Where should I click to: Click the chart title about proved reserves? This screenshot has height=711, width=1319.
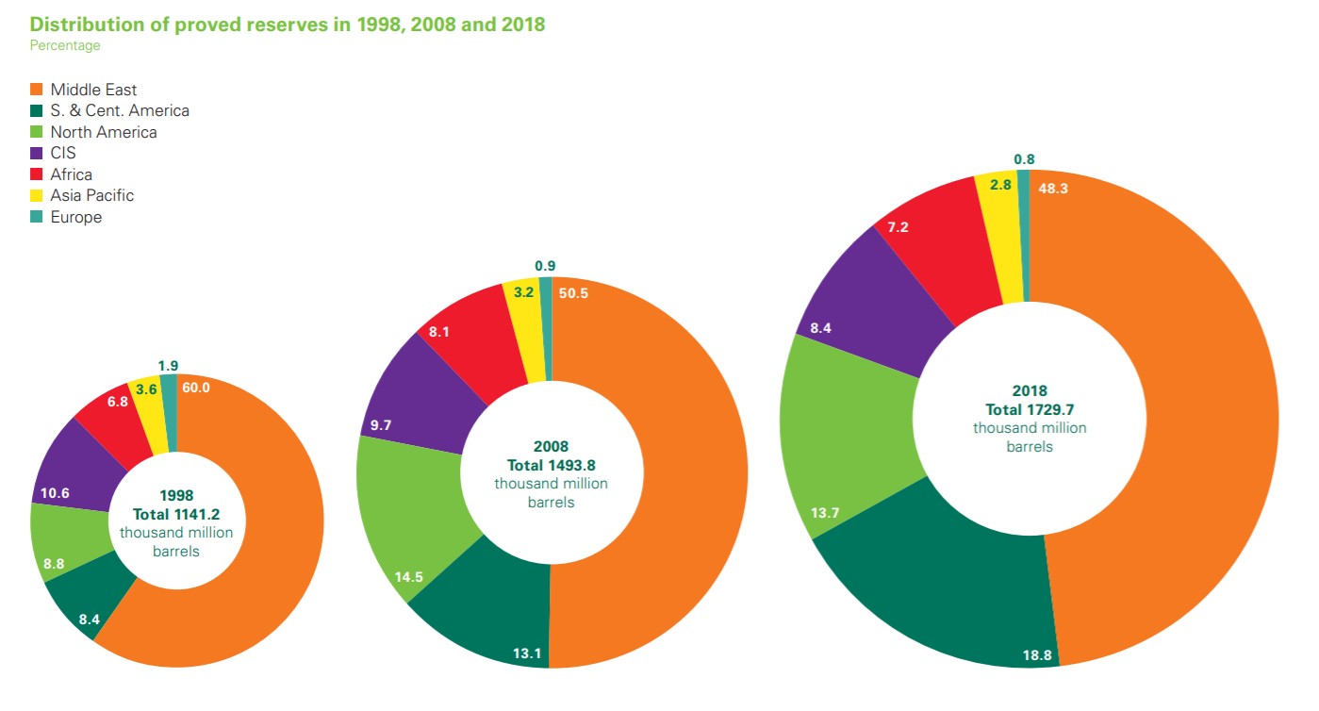point(288,25)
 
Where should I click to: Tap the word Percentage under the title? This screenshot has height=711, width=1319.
point(64,45)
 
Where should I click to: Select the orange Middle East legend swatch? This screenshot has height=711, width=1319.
point(37,90)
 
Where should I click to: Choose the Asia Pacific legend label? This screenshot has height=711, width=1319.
point(91,195)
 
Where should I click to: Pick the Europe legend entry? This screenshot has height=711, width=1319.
point(75,217)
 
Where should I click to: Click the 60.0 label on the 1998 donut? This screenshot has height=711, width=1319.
point(195,388)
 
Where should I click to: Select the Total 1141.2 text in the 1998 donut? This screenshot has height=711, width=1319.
point(176,514)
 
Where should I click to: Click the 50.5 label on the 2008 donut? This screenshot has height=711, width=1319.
point(573,292)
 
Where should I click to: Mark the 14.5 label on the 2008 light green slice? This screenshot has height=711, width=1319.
point(408,575)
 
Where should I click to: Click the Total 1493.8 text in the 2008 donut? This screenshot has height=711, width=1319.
point(552,465)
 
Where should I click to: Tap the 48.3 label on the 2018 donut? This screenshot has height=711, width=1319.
point(1052,188)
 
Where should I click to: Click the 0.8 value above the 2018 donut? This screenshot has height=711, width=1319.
point(1024,159)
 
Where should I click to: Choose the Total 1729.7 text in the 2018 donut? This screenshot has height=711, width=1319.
point(1030,409)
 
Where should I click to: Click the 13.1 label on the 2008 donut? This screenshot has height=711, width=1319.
point(527,653)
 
